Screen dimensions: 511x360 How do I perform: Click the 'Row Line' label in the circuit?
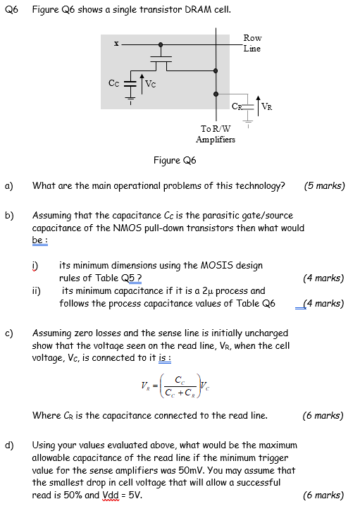(x=252, y=43)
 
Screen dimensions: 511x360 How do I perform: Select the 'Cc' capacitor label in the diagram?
(x=113, y=82)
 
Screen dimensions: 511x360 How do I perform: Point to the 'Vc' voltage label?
(x=151, y=85)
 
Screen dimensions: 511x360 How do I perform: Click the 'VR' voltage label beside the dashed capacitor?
(x=267, y=106)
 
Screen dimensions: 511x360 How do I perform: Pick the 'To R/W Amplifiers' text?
(x=216, y=134)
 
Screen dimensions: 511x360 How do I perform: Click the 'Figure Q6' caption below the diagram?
(x=175, y=161)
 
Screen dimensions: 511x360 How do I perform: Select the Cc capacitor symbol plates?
(x=130, y=82)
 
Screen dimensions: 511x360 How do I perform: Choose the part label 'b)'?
(x=11, y=215)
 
